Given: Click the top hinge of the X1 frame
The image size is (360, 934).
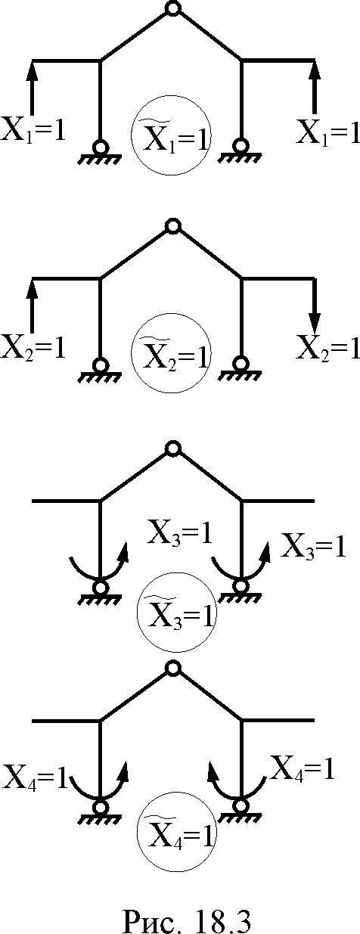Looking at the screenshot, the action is [x=172, y=8].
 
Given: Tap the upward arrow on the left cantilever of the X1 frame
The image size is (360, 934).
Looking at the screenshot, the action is [x=33, y=88].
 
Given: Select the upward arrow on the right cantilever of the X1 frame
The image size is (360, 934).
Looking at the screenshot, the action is [x=315, y=88].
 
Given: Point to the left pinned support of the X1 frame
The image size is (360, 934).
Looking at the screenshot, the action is [x=100, y=153].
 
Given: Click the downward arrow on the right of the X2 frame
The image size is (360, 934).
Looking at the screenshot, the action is [x=315, y=304].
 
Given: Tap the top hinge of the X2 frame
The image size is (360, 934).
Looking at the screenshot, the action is [x=172, y=226].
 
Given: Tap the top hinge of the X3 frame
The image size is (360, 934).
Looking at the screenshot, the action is [x=172, y=448].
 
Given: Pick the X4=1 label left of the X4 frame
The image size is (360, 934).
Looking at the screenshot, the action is [x=34, y=777].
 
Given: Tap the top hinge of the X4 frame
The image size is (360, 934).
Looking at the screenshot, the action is [x=172, y=669].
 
